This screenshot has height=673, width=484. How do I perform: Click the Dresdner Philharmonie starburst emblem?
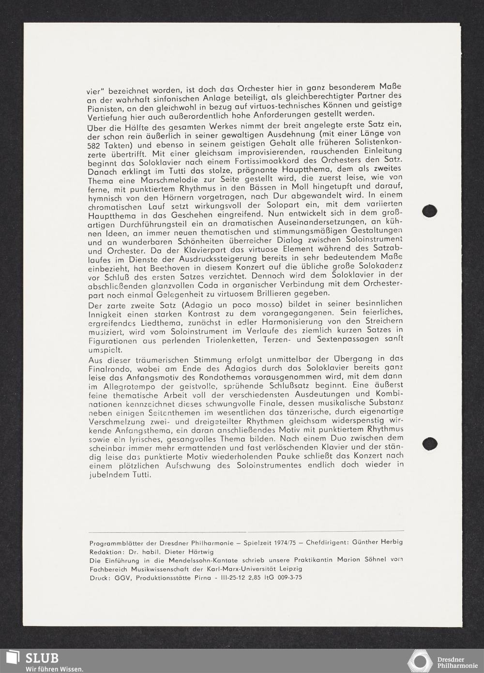pyautogui.click(x=420, y=660)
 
